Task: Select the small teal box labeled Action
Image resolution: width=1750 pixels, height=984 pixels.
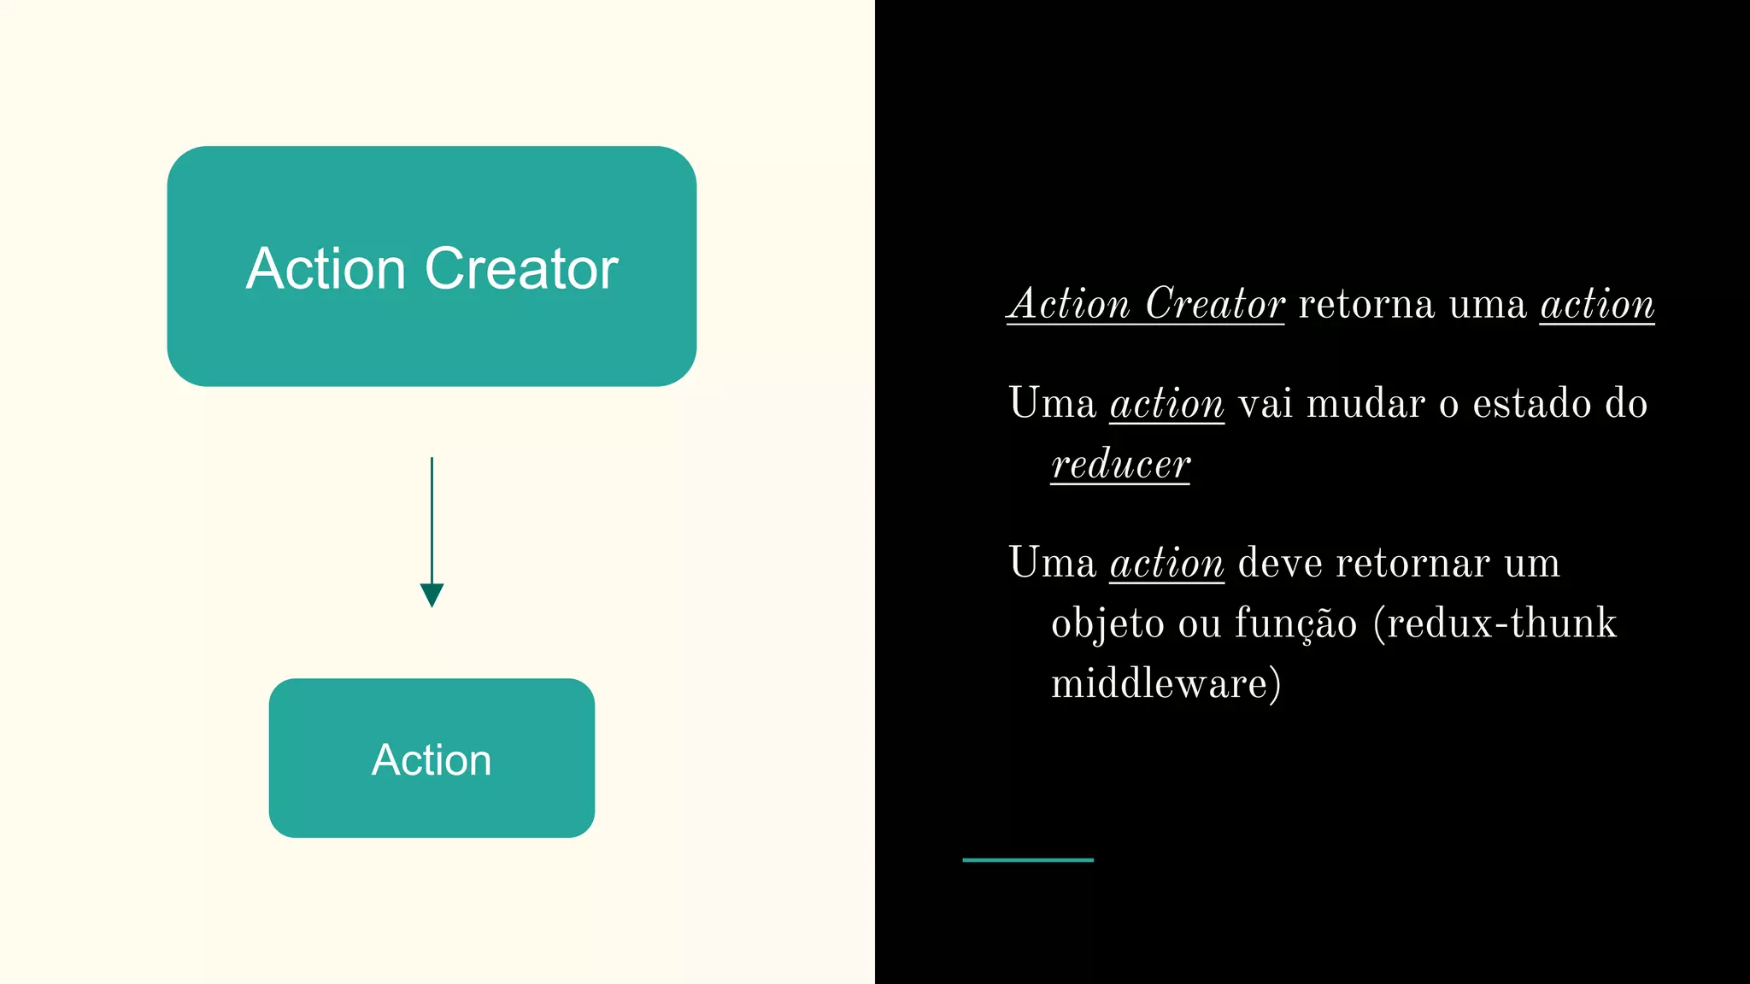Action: click(x=432, y=803)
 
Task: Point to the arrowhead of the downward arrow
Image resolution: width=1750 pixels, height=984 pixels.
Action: click(x=432, y=594)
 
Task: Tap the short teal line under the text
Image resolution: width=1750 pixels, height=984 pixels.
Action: click(x=1027, y=860)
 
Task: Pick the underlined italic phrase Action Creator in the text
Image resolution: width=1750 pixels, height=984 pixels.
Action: click(x=1146, y=304)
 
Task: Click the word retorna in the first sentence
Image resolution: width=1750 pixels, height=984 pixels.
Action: click(x=1365, y=304)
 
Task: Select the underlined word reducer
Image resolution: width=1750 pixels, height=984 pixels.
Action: click(x=1120, y=464)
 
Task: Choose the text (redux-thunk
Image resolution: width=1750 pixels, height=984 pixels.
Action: click(x=1495, y=623)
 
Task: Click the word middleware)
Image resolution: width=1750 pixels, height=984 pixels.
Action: click(x=1166, y=683)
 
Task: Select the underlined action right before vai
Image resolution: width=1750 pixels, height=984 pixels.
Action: click(x=1166, y=403)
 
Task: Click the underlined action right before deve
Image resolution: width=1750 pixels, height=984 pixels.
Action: click(x=1166, y=563)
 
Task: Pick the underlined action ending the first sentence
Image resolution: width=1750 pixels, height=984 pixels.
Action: click(x=1597, y=304)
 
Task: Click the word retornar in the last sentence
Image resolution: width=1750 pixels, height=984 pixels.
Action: click(x=1412, y=563)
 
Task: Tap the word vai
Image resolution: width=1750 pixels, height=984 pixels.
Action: click(x=1265, y=403)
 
